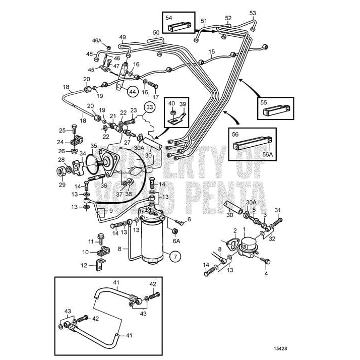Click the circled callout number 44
(132, 92)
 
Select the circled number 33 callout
(149, 107)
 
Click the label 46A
(97, 40)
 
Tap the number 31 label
(277, 210)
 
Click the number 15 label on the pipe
(211, 52)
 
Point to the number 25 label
(62, 130)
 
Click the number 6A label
(175, 241)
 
